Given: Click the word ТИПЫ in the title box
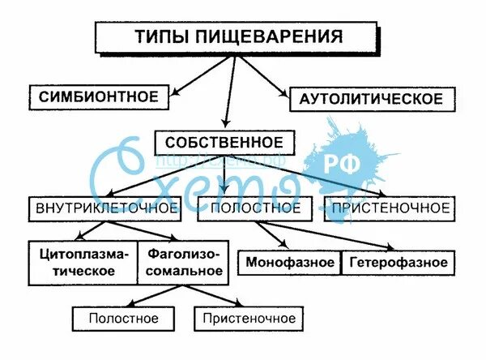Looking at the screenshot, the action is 155,36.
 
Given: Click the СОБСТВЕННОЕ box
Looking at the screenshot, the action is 224,143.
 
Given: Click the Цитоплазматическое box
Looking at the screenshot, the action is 83,262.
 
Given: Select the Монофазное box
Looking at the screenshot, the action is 291,263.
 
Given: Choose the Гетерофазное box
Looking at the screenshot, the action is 399,263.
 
